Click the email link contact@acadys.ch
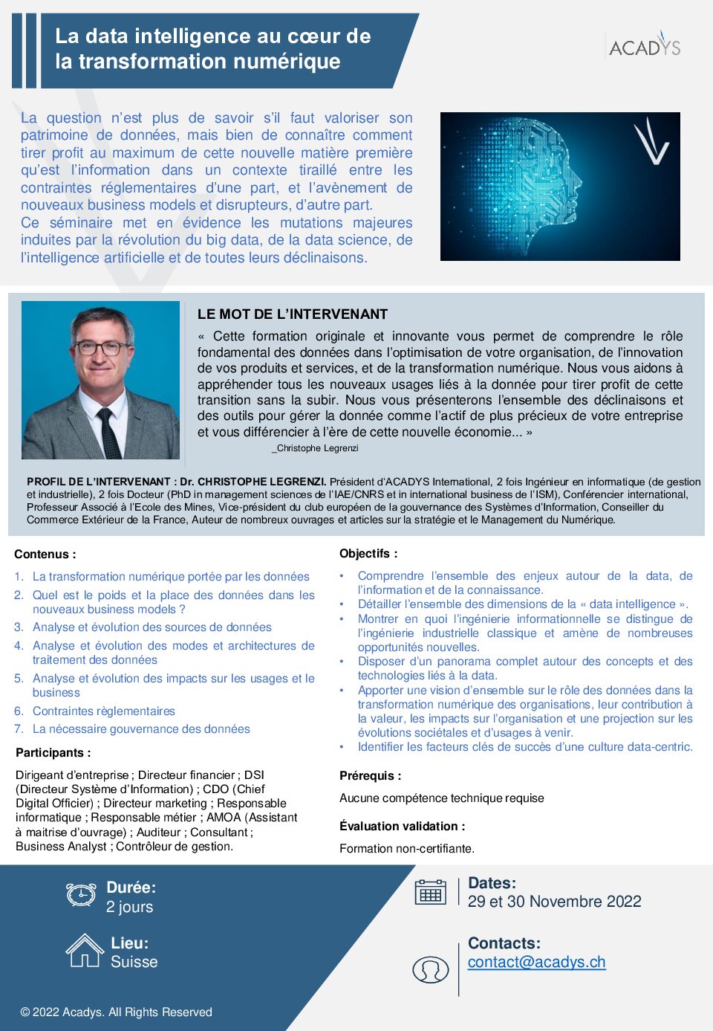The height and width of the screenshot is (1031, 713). (536, 962)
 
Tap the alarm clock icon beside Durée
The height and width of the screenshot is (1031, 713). (81, 894)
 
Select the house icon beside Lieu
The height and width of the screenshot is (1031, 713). (85, 951)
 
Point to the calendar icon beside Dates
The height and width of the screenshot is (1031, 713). (431, 892)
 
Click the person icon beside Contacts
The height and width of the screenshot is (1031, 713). (431, 969)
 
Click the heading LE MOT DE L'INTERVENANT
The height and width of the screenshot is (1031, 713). (293, 314)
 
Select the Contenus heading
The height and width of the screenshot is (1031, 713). (45, 555)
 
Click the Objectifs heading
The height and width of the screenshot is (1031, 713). (368, 554)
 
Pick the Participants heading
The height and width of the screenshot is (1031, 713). (53, 753)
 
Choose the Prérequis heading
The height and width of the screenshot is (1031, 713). (370, 776)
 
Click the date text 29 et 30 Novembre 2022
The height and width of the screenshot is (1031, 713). (554, 902)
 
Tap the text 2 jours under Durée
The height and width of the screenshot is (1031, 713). (129, 907)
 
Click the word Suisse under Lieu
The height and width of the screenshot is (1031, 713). (134, 962)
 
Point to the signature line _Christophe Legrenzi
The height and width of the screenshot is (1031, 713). (315, 448)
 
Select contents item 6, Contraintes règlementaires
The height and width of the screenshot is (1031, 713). (103, 711)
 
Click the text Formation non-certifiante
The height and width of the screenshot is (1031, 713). (407, 849)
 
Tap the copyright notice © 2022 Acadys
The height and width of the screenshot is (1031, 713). (116, 1012)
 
